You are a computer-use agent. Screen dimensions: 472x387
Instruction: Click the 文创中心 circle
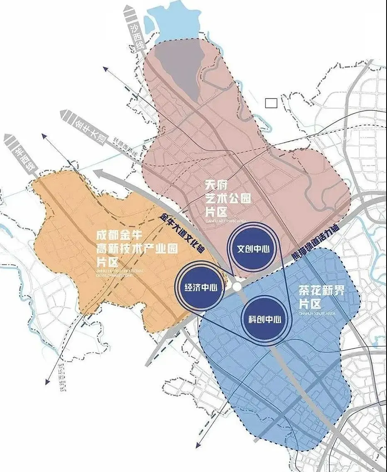click(253, 249)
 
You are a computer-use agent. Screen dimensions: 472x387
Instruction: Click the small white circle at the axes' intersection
click(237, 287)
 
